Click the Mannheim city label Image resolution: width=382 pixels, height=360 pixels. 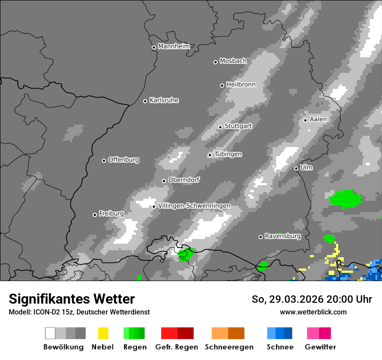click(x=174, y=46)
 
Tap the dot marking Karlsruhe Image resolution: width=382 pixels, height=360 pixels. click(x=145, y=101)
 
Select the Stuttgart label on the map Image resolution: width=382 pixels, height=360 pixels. click(x=238, y=126)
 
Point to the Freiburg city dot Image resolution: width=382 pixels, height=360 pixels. click(x=95, y=215)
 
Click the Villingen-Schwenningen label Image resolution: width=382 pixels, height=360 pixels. click(x=194, y=206)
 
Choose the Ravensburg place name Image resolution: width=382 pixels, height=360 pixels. click(x=283, y=236)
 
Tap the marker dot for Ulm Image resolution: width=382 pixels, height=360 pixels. click(x=296, y=168)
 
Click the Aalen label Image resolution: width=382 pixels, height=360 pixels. click(x=318, y=119)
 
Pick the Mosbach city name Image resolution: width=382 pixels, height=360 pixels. click(x=233, y=61)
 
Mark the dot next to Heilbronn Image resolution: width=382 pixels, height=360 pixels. click(x=222, y=85)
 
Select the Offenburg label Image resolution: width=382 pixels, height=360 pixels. click(x=124, y=160)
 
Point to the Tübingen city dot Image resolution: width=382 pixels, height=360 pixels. click(x=210, y=155)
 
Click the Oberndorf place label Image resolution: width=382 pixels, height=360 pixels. click(x=184, y=180)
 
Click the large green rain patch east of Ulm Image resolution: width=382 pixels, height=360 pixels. click(x=346, y=199)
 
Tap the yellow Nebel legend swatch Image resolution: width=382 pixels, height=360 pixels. click(x=103, y=333)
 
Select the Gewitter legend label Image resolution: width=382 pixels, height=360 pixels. click(x=320, y=347)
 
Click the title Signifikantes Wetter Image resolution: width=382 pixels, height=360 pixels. click(x=72, y=299)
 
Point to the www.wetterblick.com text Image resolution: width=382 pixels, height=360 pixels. click(x=313, y=312)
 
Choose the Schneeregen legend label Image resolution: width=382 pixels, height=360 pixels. click(x=229, y=347)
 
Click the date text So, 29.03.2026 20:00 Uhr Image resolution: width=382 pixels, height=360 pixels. click(x=312, y=299)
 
